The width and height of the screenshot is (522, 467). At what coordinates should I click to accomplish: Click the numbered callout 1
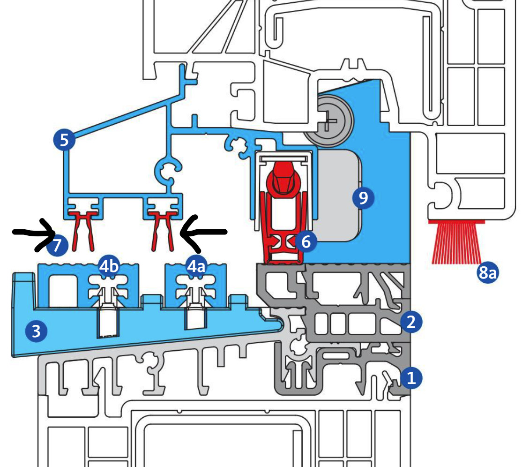[411, 377]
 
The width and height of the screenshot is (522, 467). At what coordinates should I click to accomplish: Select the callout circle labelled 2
[411, 322]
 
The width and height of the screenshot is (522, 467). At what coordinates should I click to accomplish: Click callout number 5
[64, 139]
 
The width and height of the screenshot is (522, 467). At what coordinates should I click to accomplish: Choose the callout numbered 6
[306, 242]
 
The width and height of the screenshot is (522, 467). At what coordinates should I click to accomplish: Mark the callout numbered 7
[57, 245]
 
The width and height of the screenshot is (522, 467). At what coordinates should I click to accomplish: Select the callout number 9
[363, 198]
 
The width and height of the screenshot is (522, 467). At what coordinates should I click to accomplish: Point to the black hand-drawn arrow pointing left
[204, 232]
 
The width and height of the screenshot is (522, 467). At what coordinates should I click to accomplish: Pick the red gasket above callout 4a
[163, 228]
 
